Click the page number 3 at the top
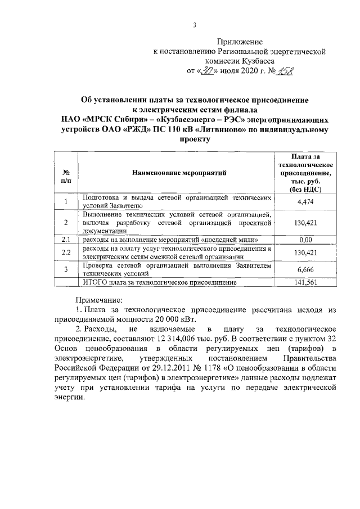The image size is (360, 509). click(x=194, y=25)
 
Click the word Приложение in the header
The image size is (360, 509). click(x=240, y=42)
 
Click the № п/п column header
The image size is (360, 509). click(x=66, y=176)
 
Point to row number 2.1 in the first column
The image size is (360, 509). click(x=66, y=240)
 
